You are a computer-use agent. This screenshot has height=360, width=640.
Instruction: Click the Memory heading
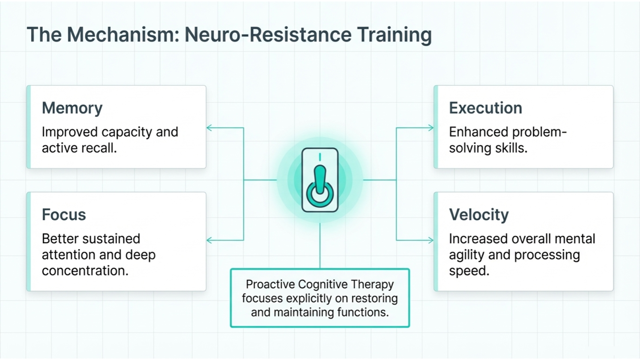click(x=72, y=108)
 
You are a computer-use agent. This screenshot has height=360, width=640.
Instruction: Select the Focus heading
click(x=64, y=215)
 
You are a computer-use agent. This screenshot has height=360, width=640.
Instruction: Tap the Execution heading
click(x=485, y=108)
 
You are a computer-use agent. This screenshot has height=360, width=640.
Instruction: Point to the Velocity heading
click(x=479, y=215)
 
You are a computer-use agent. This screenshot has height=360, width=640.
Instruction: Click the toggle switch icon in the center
click(x=320, y=180)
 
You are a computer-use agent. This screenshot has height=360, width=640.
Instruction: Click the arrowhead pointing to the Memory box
click(x=209, y=128)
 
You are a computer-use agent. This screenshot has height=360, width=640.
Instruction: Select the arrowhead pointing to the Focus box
click(x=209, y=240)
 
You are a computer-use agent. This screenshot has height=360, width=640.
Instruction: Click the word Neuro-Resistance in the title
click(x=268, y=35)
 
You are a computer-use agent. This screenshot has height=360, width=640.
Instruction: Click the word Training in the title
click(x=394, y=35)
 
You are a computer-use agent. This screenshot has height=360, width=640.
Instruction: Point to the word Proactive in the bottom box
click(x=270, y=285)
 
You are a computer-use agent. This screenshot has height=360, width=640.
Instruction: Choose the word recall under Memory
click(x=100, y=148)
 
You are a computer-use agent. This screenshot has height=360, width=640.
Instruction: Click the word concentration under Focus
click(x=85, y=271)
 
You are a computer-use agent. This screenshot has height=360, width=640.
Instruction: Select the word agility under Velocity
click(x=466, y=255)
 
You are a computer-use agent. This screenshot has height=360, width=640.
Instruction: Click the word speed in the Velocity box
click(x=469, y=271)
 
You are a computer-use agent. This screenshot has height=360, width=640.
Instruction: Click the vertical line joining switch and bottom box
click(x=320, y=246)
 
